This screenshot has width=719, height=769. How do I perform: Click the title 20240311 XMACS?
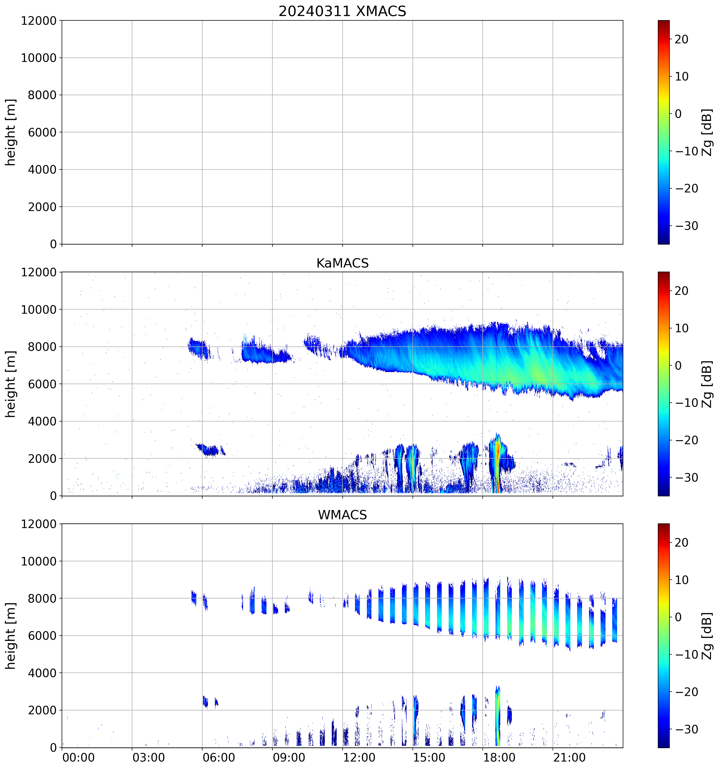(x=342, y=11)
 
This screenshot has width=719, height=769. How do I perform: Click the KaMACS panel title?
(x=342, y=263)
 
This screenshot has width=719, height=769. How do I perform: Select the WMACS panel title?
(x=342, y=515)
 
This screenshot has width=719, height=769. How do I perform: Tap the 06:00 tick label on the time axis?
(x=219, y=757)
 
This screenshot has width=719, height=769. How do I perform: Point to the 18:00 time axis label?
(x=499, y=757)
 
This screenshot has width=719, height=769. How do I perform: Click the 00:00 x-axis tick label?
(x=78, y=757)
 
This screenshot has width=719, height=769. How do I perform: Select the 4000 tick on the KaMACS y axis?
(x=42, y=421)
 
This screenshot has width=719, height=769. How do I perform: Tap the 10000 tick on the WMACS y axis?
(x=39, y=561)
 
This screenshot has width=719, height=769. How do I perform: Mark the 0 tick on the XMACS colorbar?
(x=678, y=114)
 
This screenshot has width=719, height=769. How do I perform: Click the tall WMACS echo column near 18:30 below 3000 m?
(x=498, y=716)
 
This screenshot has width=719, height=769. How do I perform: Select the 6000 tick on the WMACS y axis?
(x=42, y=636)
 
